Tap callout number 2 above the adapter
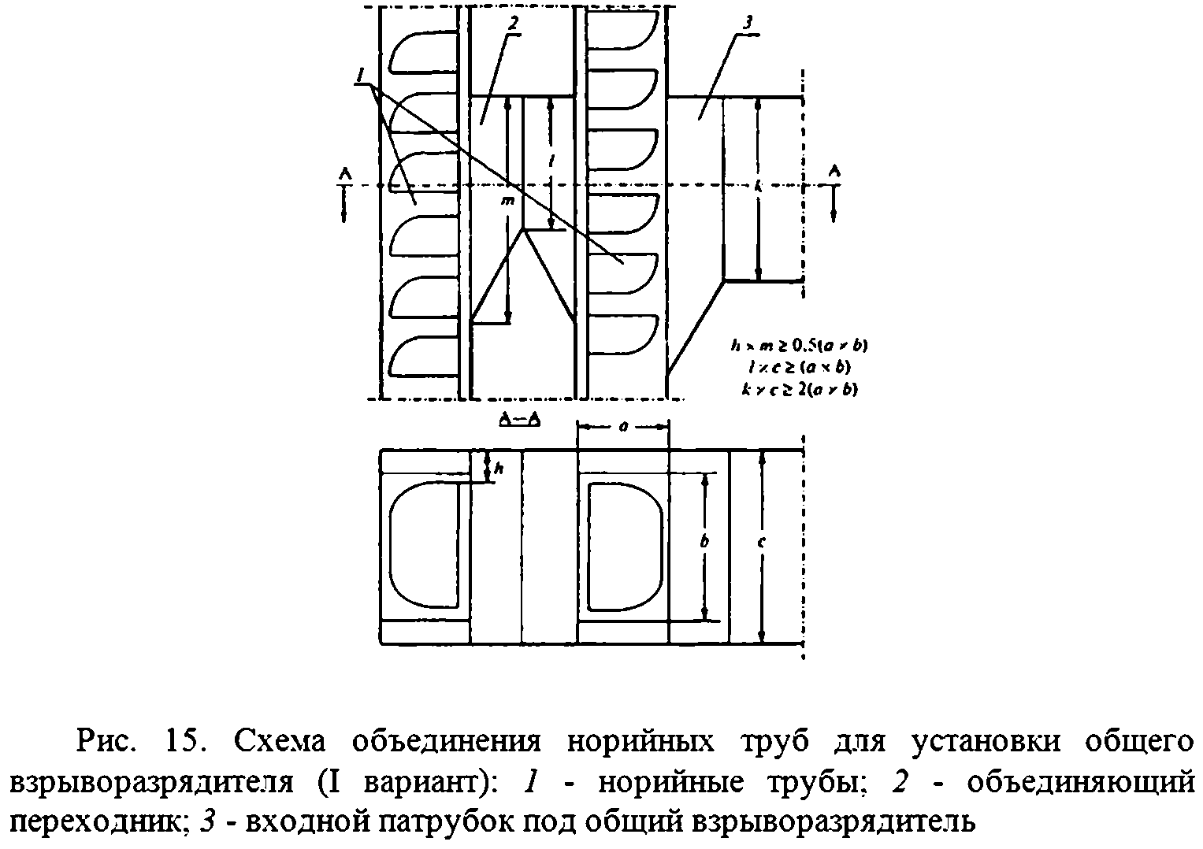(513, 24)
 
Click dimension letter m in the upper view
(508, 202)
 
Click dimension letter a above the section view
(622, 426)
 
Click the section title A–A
(520, 419)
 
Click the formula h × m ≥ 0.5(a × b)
(793, 344)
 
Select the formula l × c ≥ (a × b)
(793, 366)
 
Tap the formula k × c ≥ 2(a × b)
(793, 388)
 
